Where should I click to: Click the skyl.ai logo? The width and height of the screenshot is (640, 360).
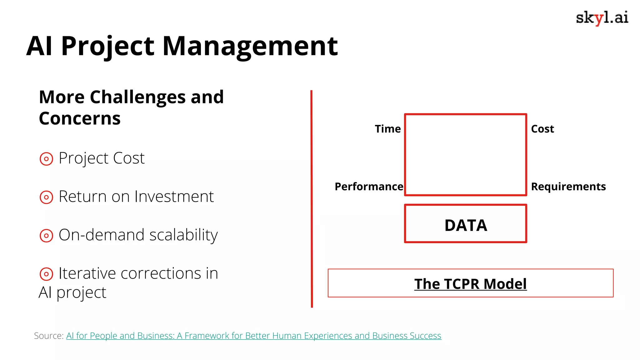(602, 18)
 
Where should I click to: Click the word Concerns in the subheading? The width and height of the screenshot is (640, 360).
(80, 118)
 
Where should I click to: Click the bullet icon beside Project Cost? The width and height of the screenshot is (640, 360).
(46, 159)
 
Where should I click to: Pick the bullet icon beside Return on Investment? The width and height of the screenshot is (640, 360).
(46, 197)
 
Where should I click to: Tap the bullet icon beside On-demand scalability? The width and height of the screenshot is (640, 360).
(46, 236)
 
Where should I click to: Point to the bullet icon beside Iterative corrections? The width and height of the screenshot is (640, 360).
(46, 274)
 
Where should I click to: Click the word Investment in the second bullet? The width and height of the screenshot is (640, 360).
(174, 197)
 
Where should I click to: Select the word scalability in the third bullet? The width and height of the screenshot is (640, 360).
(183, 235)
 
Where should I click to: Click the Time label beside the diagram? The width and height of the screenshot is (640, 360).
(387, 129)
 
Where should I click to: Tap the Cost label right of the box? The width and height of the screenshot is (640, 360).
(542, 129)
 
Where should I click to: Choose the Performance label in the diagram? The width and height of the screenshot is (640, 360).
(369, 187)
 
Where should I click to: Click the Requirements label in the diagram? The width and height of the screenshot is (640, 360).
(568, 187)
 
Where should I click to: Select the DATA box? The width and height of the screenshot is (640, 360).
(465, 224)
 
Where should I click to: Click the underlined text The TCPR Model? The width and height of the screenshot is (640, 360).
(470, 284)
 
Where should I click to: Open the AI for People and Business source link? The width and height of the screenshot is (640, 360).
(253, 336)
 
